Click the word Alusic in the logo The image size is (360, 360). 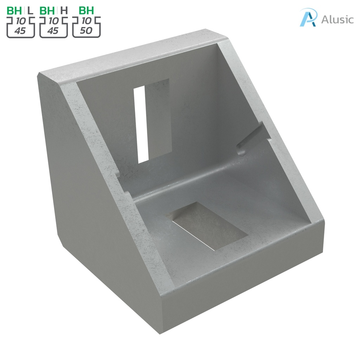point(337,19)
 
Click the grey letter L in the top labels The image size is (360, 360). point(31,11)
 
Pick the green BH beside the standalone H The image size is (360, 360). point(47,11)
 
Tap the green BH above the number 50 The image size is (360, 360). point(86,11)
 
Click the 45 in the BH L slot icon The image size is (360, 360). point(20,31)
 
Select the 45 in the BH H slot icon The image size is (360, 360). point(53,31)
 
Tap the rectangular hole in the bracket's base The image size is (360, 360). point(207,225)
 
